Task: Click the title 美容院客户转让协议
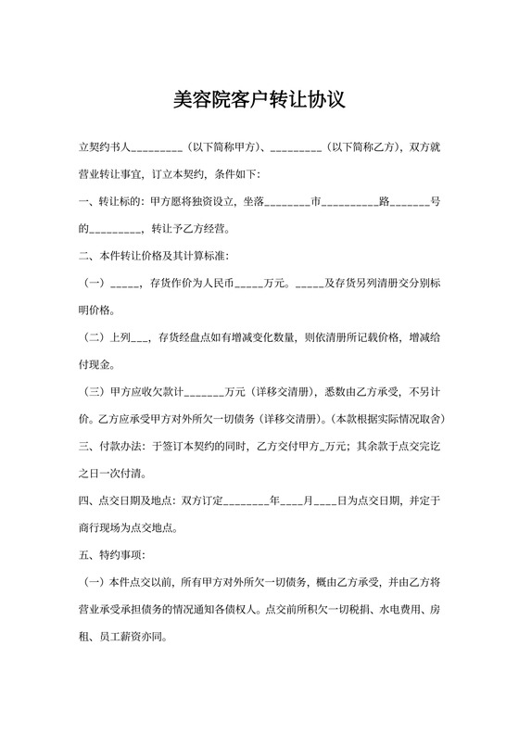(259, 100)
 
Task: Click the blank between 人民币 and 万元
(249, 283)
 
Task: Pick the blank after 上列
(142, 336)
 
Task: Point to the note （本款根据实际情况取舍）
(385, 418)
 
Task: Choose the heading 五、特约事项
(111, 555)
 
